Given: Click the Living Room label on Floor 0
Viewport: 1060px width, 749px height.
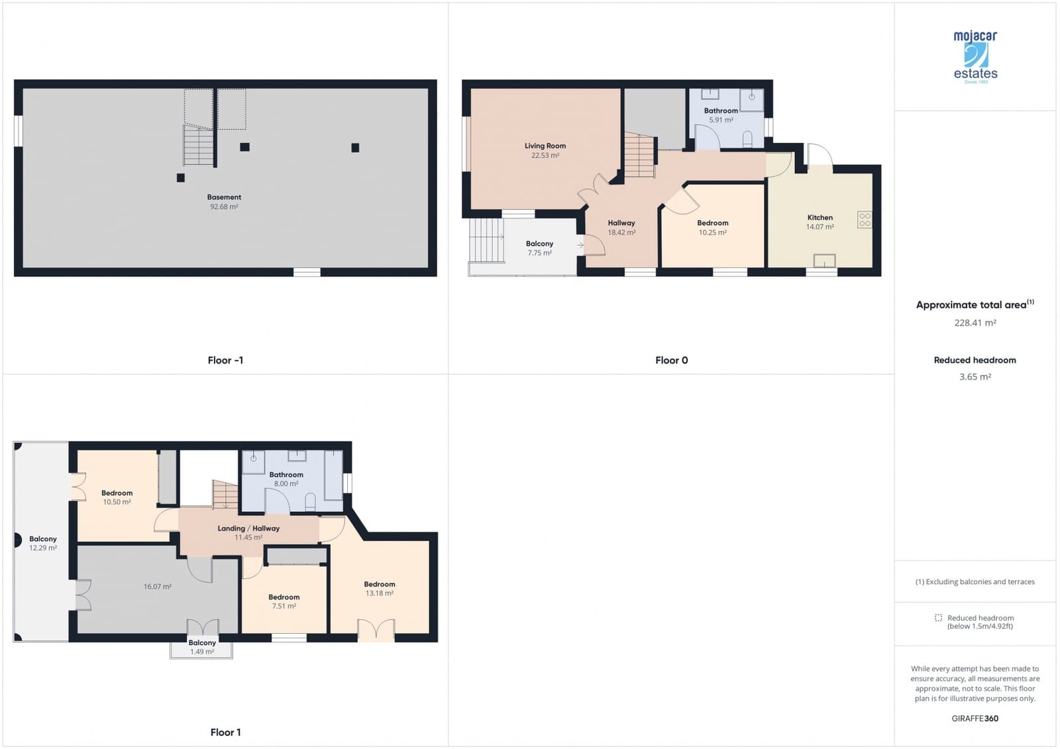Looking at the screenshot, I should pos(545,146).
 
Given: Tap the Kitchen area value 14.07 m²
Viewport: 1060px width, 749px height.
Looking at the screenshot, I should pos(820,227).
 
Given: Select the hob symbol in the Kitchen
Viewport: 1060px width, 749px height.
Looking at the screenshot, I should pos(865,220).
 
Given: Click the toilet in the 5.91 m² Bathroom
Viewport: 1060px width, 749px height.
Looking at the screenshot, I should pos(748,139).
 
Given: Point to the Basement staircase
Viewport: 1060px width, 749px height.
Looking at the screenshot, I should pos(198,146).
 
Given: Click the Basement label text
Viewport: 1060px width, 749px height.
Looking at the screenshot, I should pos(224,197).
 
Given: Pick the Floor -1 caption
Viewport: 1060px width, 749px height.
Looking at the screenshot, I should pos(225,360).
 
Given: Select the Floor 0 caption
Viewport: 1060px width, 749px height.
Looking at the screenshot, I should pos(671,360).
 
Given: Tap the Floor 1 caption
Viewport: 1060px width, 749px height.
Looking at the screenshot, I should pos(225,732).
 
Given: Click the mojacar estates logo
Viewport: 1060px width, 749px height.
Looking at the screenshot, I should pos(975,56).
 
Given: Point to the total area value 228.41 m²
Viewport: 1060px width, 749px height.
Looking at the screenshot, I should pos(975,323).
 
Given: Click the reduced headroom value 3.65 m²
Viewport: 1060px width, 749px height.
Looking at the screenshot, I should pos(975,377).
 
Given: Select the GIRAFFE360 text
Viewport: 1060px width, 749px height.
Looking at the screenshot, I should pos(975,719).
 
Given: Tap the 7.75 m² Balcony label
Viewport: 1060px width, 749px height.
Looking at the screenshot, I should pos(539,244).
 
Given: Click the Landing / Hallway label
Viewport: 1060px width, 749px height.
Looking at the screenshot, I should pos(248,528).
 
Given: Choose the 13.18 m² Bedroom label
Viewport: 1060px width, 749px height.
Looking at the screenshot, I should pos(380,584).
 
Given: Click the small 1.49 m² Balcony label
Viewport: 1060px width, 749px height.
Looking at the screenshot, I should pos(202,643).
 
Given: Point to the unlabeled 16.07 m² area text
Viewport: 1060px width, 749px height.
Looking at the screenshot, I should pos(157,587).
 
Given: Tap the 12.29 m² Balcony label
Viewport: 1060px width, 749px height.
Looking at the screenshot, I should pos(43,539).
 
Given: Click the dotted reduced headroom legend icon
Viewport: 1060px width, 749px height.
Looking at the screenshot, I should pos(938,618).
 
